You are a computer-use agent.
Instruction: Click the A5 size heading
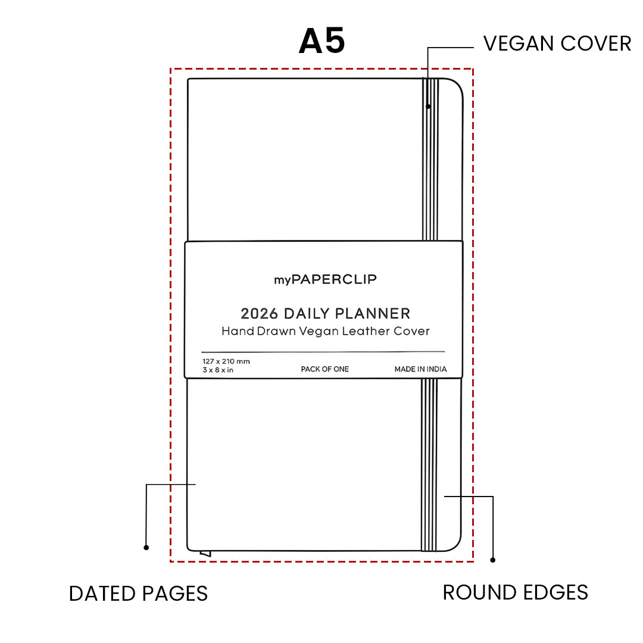pyautogui.click(x=322, y=41)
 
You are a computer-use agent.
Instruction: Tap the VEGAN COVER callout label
pyautogui.click(x=557, y=43)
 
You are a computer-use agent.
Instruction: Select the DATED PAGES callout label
pyautogui.click(x=139, y=594)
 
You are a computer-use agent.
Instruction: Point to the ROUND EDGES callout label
pyautogui.click(x=516, y=592)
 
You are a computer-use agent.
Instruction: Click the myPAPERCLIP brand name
pyautogui.click(x=325, y=279)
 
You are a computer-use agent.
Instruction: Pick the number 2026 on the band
pyautogui.click(x=259, y=314)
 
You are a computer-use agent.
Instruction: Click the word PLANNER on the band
pyautogui.click(x=373, y=314)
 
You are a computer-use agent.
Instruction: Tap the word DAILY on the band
pyautogui.click(x=307, y=314)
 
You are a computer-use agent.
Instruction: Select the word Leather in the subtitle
pyautogui.click(x=366, y=331)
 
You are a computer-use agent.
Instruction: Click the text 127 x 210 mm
pyautogui.click(x=226, y=361)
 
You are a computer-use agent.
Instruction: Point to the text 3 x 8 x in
pyautogui.click(x=218, y=370)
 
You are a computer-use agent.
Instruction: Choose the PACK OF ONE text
pyautogui.click(x=325, y=369)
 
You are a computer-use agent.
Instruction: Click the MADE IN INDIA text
pyautogui.click(x=420, y=369)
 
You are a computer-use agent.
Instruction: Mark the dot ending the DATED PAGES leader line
pyautogui.click(x=146, y=548)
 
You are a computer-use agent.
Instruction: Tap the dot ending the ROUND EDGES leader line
pyautogui.click(x=493, y=560)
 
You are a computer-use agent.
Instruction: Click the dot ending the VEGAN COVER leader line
pyautogui.click(x=428, y=107)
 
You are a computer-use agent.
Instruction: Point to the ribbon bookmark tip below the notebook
pyautogui.click(x=205, y=554)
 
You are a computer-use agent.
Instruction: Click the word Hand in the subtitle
pyautogui.click(x=238, y=331)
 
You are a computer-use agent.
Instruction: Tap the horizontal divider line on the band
pyautogui.click(x=323, y=352)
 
